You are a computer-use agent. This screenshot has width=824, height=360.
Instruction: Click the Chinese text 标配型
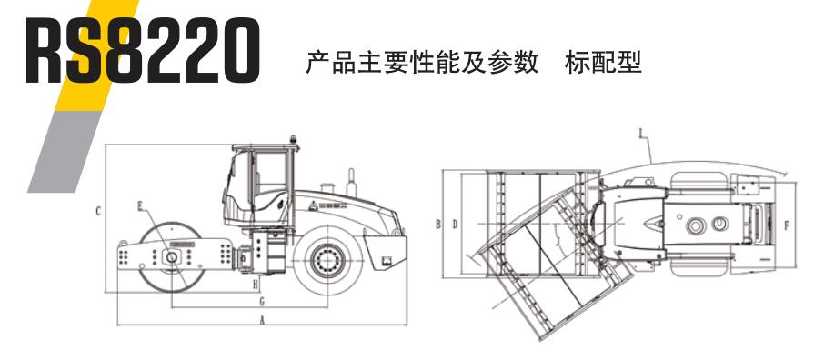click(x=603, y=64)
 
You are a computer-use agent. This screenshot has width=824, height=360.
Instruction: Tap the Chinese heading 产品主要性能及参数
click(x=422, y=64)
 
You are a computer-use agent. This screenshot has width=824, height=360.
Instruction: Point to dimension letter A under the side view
click(x=262, y=320)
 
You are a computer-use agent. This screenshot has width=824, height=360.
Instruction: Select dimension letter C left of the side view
click(x=96, y=211)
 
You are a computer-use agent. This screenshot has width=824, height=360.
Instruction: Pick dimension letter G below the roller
click(x=261, y=299)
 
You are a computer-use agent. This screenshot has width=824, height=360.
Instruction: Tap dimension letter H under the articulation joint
click(x=257, y=284)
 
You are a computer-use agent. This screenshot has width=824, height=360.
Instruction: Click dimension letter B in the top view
click(x=437, y=223)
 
